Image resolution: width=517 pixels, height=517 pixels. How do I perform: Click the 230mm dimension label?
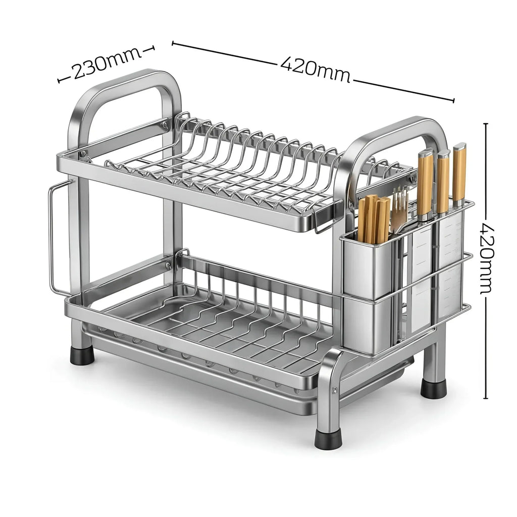[106, 64]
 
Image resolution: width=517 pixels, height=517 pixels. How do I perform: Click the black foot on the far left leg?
[82, 355]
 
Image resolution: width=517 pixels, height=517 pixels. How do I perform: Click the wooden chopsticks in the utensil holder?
[373, 219]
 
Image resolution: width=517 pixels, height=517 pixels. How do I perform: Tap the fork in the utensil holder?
[398, 211]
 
